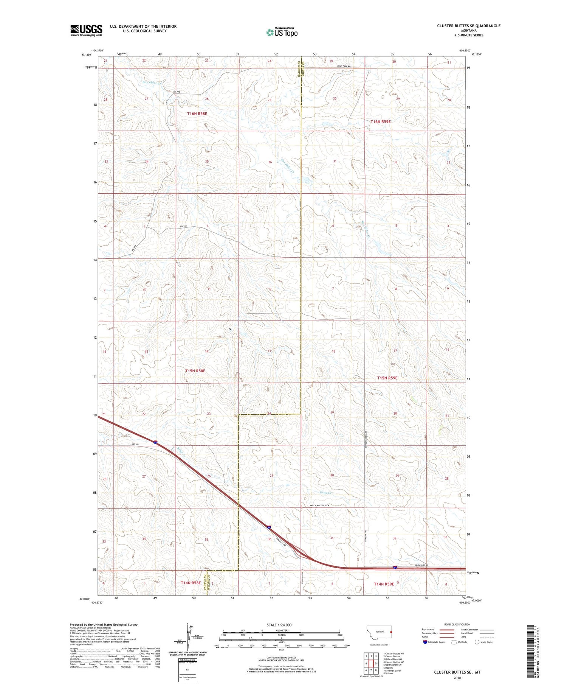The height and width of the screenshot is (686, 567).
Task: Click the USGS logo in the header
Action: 86,30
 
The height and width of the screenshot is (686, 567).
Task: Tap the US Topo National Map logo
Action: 282,32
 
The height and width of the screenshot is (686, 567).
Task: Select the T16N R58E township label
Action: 197,114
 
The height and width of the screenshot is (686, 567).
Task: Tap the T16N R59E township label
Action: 380,121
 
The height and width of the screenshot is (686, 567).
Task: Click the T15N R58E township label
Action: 195,371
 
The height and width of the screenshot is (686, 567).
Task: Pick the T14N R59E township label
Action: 384,584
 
